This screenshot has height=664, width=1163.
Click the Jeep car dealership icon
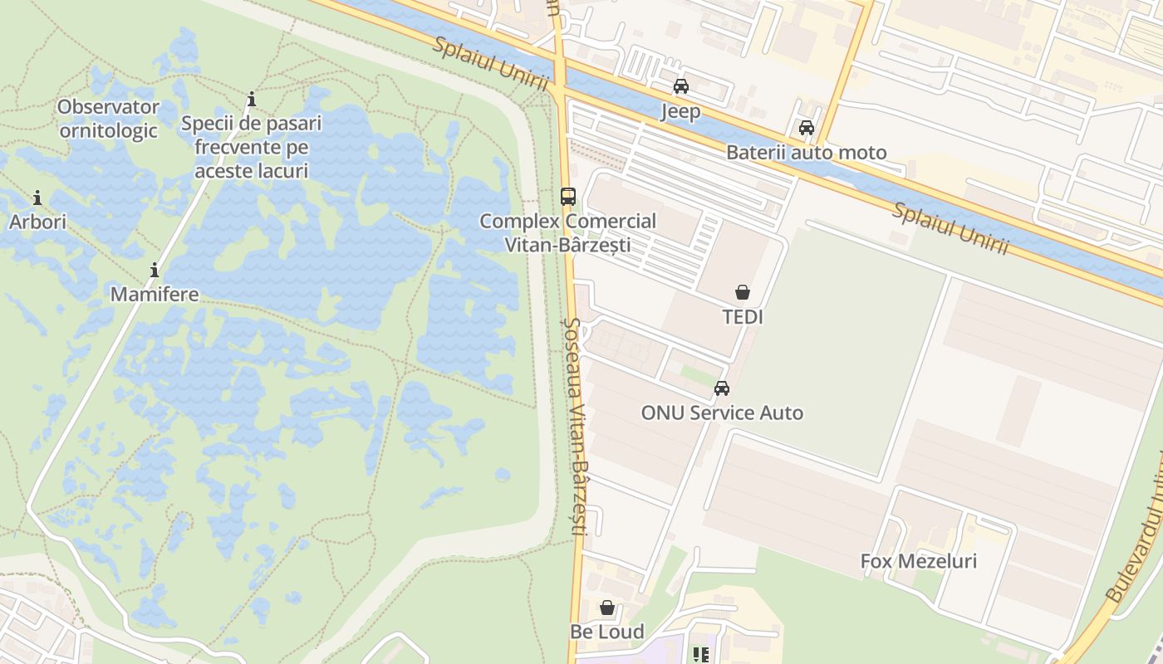(x=681, y=86)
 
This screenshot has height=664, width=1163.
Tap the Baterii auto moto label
(x=806, y=153)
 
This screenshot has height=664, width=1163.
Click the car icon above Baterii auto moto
(x=806, y=128)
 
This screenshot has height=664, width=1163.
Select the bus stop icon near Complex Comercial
(x=568, y=197)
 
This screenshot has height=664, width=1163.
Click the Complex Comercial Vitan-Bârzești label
(x=568, y=233)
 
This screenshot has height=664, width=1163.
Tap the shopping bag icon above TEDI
(x=743, y=292)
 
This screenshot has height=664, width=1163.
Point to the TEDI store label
(x=743, y=317)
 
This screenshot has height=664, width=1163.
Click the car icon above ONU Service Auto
(x=722, y=388)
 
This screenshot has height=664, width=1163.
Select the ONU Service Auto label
(x=722, y=413)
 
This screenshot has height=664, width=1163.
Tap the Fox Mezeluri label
(x=918, y=561)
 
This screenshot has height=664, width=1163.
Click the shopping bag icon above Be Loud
(x=607, y=608)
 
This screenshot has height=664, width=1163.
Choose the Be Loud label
(x=607, y=632)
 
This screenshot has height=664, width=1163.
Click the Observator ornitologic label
(x=109, y=119)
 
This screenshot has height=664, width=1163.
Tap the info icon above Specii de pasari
(x=252, y=100)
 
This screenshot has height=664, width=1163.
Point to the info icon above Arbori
(x=37, y=198)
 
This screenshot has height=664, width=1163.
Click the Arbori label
(x=37, y=222)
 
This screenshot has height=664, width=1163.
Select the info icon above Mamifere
(x=155, y=270)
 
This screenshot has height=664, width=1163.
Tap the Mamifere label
(x=155, y=295)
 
